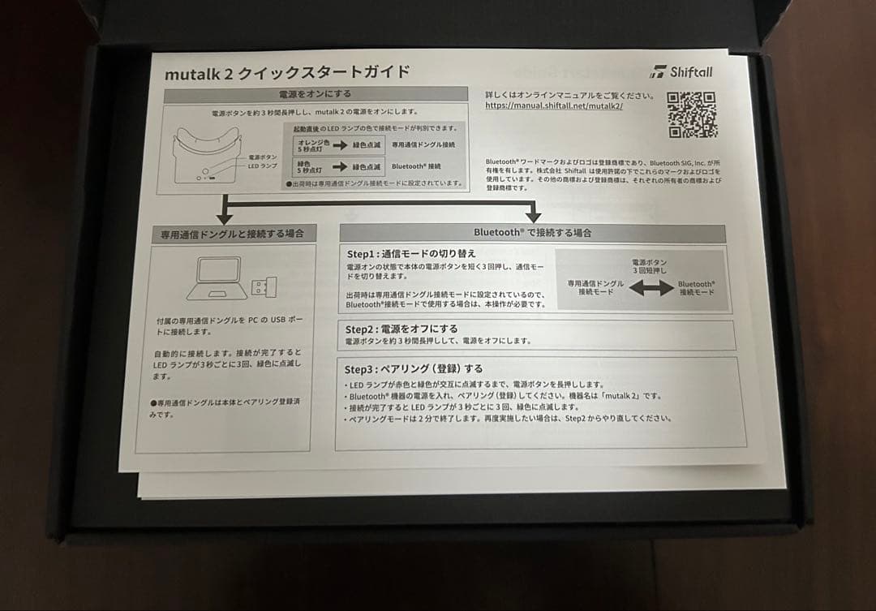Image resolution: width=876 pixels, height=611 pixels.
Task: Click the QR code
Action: tap(692, 114)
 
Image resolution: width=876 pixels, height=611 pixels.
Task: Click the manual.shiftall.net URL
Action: tap(554, 105)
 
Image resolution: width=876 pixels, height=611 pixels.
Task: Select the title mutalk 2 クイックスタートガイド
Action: tap(287, 72)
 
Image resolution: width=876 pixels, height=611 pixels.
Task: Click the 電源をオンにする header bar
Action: tap(316, 94)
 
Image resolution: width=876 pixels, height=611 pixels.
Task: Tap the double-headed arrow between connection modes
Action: tap(651, 288)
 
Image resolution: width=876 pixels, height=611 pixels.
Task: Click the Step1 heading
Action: tap(410, 253)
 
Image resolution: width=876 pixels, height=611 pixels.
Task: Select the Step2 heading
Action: tap(401, 329)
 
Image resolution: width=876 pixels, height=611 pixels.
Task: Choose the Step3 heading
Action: tap(413, 368)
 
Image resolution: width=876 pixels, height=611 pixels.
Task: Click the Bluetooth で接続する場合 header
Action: tap(532, 232)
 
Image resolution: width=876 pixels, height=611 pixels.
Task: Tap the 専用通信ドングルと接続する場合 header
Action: tap(232, 234)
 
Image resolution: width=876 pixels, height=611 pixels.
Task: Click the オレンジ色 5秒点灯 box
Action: tap(310, 144)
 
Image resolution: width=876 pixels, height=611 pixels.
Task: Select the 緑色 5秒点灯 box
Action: tap(310, 166)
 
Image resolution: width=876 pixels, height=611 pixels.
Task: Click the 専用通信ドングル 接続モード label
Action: tap(595, 287)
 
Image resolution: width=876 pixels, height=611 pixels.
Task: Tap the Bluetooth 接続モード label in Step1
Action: tap(696, 288)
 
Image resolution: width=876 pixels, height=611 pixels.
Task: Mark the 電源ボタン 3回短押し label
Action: tap(650, 266)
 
